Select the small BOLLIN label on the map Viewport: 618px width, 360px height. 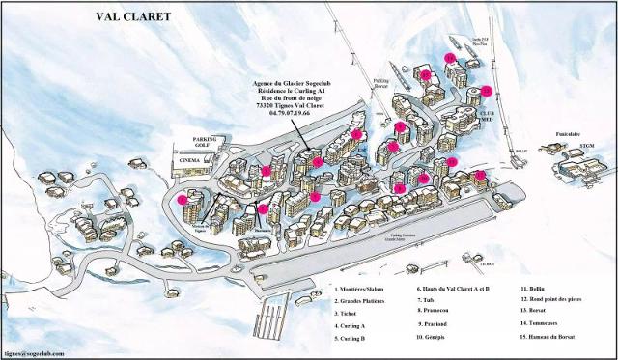click(x=521, y=152)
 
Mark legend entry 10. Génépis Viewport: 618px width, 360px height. click(x=439, y=336)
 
